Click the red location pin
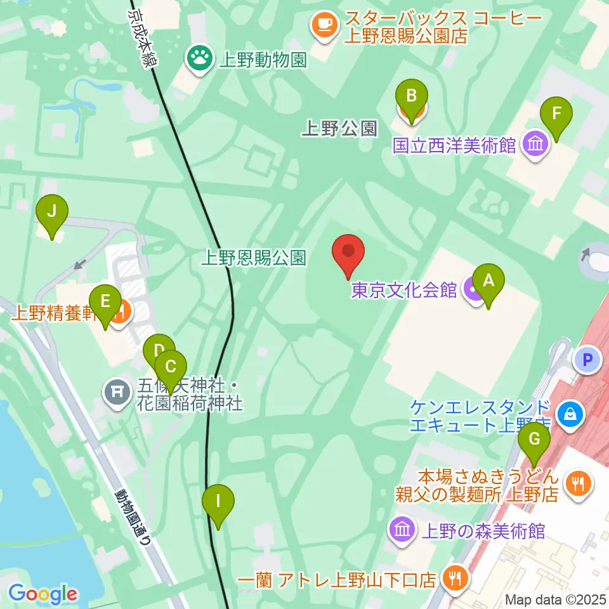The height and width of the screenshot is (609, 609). tap(348, 253)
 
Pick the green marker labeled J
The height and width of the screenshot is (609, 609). tap(52, 214)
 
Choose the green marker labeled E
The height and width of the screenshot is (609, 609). tap(105, 304)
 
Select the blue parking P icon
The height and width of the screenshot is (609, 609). tap(587, 361)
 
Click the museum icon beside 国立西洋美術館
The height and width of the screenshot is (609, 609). tap(536, 145)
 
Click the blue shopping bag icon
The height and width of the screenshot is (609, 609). tap(570, 415)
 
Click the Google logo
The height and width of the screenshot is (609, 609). tap(43, 594)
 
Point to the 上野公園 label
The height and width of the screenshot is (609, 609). tap(339, 129)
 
